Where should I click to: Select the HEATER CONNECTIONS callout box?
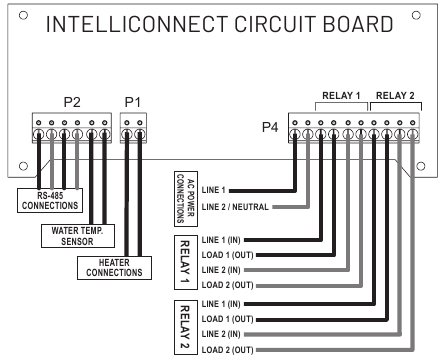click(113, 267)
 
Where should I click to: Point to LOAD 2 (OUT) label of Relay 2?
click(228, 349)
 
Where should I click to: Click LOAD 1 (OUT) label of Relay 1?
click(228, 255)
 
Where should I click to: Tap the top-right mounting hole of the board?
click(429, 14)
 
